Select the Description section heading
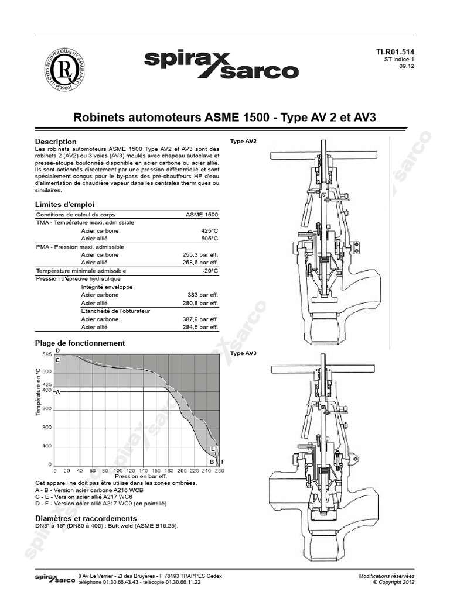[x=56, y=142]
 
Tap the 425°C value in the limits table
[x=209, y=231]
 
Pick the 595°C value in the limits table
[x=209, y=239]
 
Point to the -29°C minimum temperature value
[x=210, y=271]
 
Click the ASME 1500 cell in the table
[x=202, y=215]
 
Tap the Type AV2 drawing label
[x=243, y=142]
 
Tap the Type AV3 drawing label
[x=243, y=353]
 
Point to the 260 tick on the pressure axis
[x=220, y=470]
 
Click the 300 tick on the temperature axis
[x=47, y=409]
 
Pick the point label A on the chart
[x=57, y=393]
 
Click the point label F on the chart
[x=223, y=462]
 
